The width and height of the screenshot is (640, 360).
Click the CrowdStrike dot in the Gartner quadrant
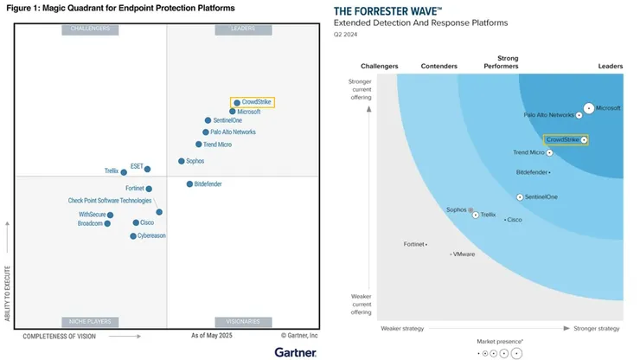(x=237, y=103)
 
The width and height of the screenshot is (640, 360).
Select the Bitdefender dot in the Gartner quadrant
(x=189, y=184)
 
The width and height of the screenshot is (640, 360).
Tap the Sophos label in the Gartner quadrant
(x=195, y=161)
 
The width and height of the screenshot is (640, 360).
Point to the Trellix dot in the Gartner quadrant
(x=124, y=172)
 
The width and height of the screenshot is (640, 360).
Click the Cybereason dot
(x=133, y=235)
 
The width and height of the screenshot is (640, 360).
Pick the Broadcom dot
(x=107, y=223)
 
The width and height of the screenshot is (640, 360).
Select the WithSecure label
(x=92, y=215)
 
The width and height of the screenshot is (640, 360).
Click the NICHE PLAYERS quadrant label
(x=89, y=321)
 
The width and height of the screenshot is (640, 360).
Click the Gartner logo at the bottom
(x=296, y=351)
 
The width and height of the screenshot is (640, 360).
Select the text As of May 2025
(x=213, y=335)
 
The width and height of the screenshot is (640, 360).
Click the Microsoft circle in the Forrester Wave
(x=589, y=108)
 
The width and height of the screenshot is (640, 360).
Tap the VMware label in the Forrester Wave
(x=464, y=254)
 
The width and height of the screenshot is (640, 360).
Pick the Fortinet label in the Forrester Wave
(x=414, y=244)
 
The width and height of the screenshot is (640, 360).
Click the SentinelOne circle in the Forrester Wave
(x=520, y=197)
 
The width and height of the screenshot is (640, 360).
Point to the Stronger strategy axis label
(x=598, y=329)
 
